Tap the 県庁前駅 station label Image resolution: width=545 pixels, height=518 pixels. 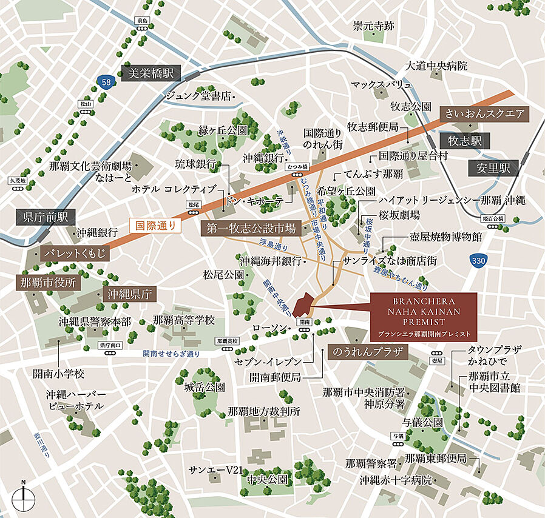46,217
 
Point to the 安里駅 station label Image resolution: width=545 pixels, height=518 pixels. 493,168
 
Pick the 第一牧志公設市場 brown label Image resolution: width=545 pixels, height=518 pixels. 251,229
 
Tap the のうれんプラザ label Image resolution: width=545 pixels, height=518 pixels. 366,352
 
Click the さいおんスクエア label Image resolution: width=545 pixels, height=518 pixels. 484,113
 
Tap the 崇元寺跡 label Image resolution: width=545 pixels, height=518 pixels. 374,26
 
